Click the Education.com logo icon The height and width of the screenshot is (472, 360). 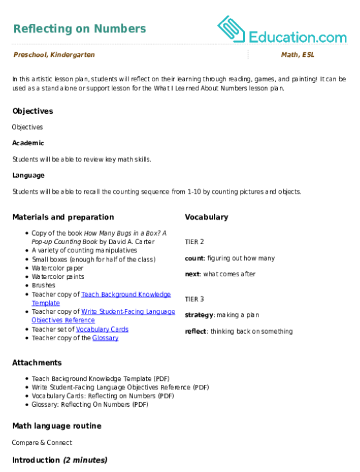point(231,29)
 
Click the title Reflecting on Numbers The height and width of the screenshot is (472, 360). point(80,28)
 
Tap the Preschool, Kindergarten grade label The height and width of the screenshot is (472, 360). point(54,55)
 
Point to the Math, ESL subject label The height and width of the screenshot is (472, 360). point(298,55)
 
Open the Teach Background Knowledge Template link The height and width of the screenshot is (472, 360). point(101,298)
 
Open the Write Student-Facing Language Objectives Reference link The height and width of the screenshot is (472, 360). point(103,316)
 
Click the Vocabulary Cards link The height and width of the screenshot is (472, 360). point(102,329)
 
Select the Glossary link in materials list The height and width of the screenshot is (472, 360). point(105,338)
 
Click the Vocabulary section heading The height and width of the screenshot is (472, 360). point(207,217)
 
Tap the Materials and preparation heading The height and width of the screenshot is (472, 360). point(63,217)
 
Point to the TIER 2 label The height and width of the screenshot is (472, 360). point(195,241)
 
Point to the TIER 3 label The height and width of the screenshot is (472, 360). point(195,299)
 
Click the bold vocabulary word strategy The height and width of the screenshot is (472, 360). point(199,315)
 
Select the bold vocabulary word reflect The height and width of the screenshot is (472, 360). point(196,331)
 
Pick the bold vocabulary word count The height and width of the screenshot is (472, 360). point(195,258)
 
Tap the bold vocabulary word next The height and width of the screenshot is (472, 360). point(192,274)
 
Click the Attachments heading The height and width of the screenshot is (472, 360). point(37,363)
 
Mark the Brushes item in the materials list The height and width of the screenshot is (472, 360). point(44,285)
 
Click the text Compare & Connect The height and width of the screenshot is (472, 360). point(42,442)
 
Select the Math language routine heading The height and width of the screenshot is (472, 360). point(57,426)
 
